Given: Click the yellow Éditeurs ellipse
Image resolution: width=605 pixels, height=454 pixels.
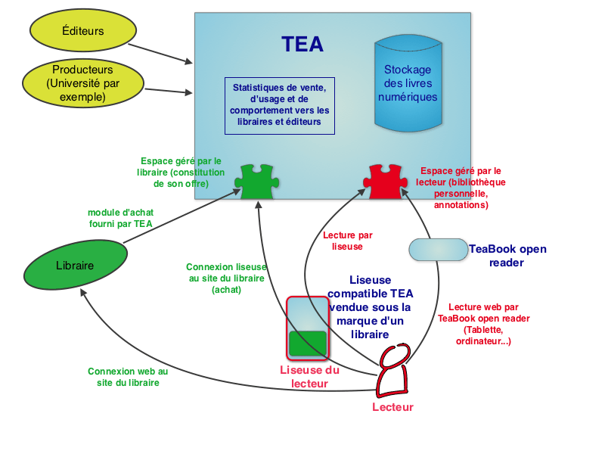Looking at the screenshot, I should click(x=82, y=31).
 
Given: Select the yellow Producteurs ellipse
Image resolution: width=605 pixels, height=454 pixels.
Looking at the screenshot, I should click(x=83, y=83).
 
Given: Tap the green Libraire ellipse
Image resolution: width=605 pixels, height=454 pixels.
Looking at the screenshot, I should click(x=75, y=266).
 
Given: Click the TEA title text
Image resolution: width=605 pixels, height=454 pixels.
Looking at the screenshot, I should click(x=302, y=45).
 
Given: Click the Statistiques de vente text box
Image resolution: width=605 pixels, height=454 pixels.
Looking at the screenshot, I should click(x=279, y=105).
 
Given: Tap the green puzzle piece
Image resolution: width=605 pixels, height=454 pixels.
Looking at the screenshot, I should click(x=256, y=182).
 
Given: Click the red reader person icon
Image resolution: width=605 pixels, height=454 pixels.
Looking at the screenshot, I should click(x=394, y=371).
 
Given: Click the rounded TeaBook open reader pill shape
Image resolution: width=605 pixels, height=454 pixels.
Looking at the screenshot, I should click(x=438, y=250).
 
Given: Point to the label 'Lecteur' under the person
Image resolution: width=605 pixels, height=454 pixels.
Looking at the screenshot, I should click(x=393, y=408).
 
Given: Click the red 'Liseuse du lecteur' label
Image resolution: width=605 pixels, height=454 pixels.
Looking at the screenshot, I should click(x=309, y=377).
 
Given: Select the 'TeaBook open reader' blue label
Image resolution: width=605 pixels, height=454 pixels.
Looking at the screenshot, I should click(x=507, y=256).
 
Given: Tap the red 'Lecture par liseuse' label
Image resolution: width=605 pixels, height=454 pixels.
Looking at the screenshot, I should click(x=347, y=241).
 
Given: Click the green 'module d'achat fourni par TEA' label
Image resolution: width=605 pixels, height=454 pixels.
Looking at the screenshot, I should click(x=119, y=218).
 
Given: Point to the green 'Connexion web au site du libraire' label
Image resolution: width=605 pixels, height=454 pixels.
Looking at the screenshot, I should click(x=128, y=377).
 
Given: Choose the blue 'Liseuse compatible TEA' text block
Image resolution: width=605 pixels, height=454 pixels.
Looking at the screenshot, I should click(x=371, y=307).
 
